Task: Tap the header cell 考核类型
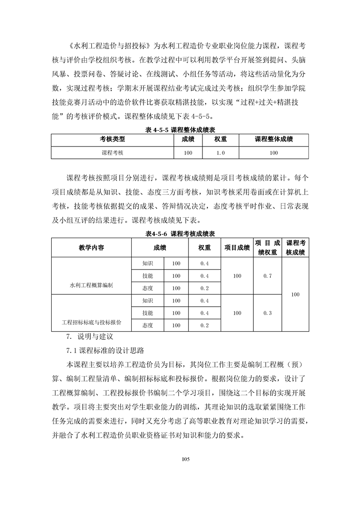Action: click(112, 139)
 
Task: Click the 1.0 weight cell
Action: click(221, 153)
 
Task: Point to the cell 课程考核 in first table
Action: click(112, 153)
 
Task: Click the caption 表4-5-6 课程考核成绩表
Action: click(180, 234)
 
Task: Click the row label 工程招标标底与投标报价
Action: click(91, 323)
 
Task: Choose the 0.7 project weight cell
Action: click(267, 276)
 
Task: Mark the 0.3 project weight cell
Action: click(267, 313)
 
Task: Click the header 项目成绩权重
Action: click(267, 248)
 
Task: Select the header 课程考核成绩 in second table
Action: click(296, 248)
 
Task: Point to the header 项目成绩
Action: click(237, 248)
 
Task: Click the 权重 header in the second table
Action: click(204, 248)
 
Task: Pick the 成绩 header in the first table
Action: click(188, 139)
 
